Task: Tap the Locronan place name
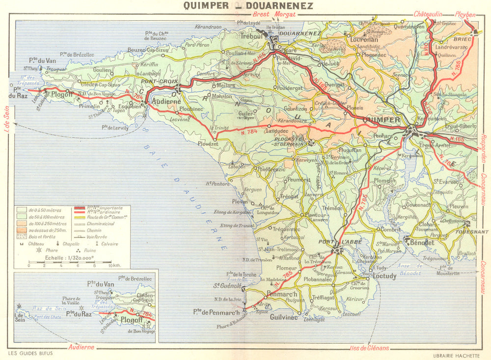point(365,39)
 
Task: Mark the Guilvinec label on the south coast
point(283,317)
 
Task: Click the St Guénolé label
point(226,285)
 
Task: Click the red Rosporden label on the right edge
point(484,152)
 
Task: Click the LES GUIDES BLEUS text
point(30,353)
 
